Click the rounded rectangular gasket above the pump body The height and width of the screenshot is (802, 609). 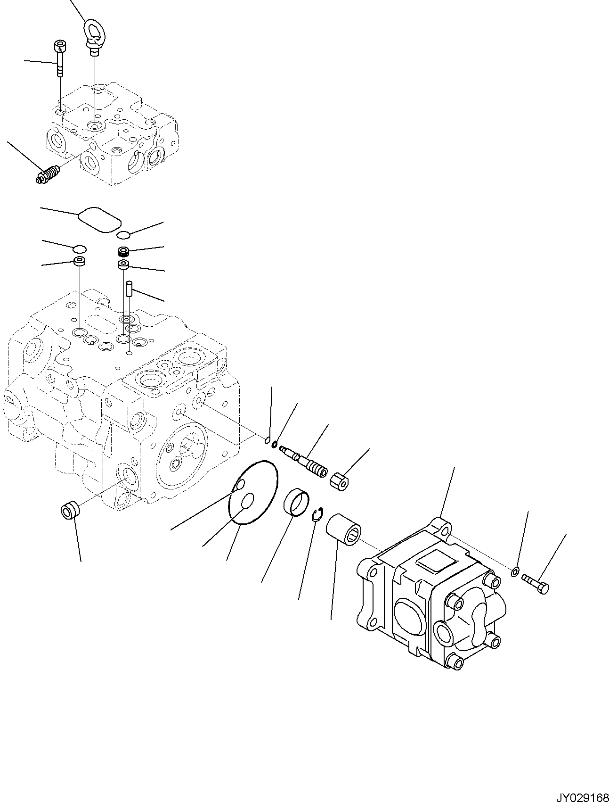pyautogui.click(x=99, y=219)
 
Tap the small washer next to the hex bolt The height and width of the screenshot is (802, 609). pyautogui.click(x=515, y=572)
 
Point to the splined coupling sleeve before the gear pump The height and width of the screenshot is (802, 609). pyautogui.click(x=343, y=528)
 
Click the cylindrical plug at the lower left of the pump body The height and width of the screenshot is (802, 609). pyautogui.click(x=69, y=511)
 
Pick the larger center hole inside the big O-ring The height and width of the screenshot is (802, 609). pyautogui.click(x=248, y=501)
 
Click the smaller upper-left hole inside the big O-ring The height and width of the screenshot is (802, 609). pyautogui.click(x=240, y=485)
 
